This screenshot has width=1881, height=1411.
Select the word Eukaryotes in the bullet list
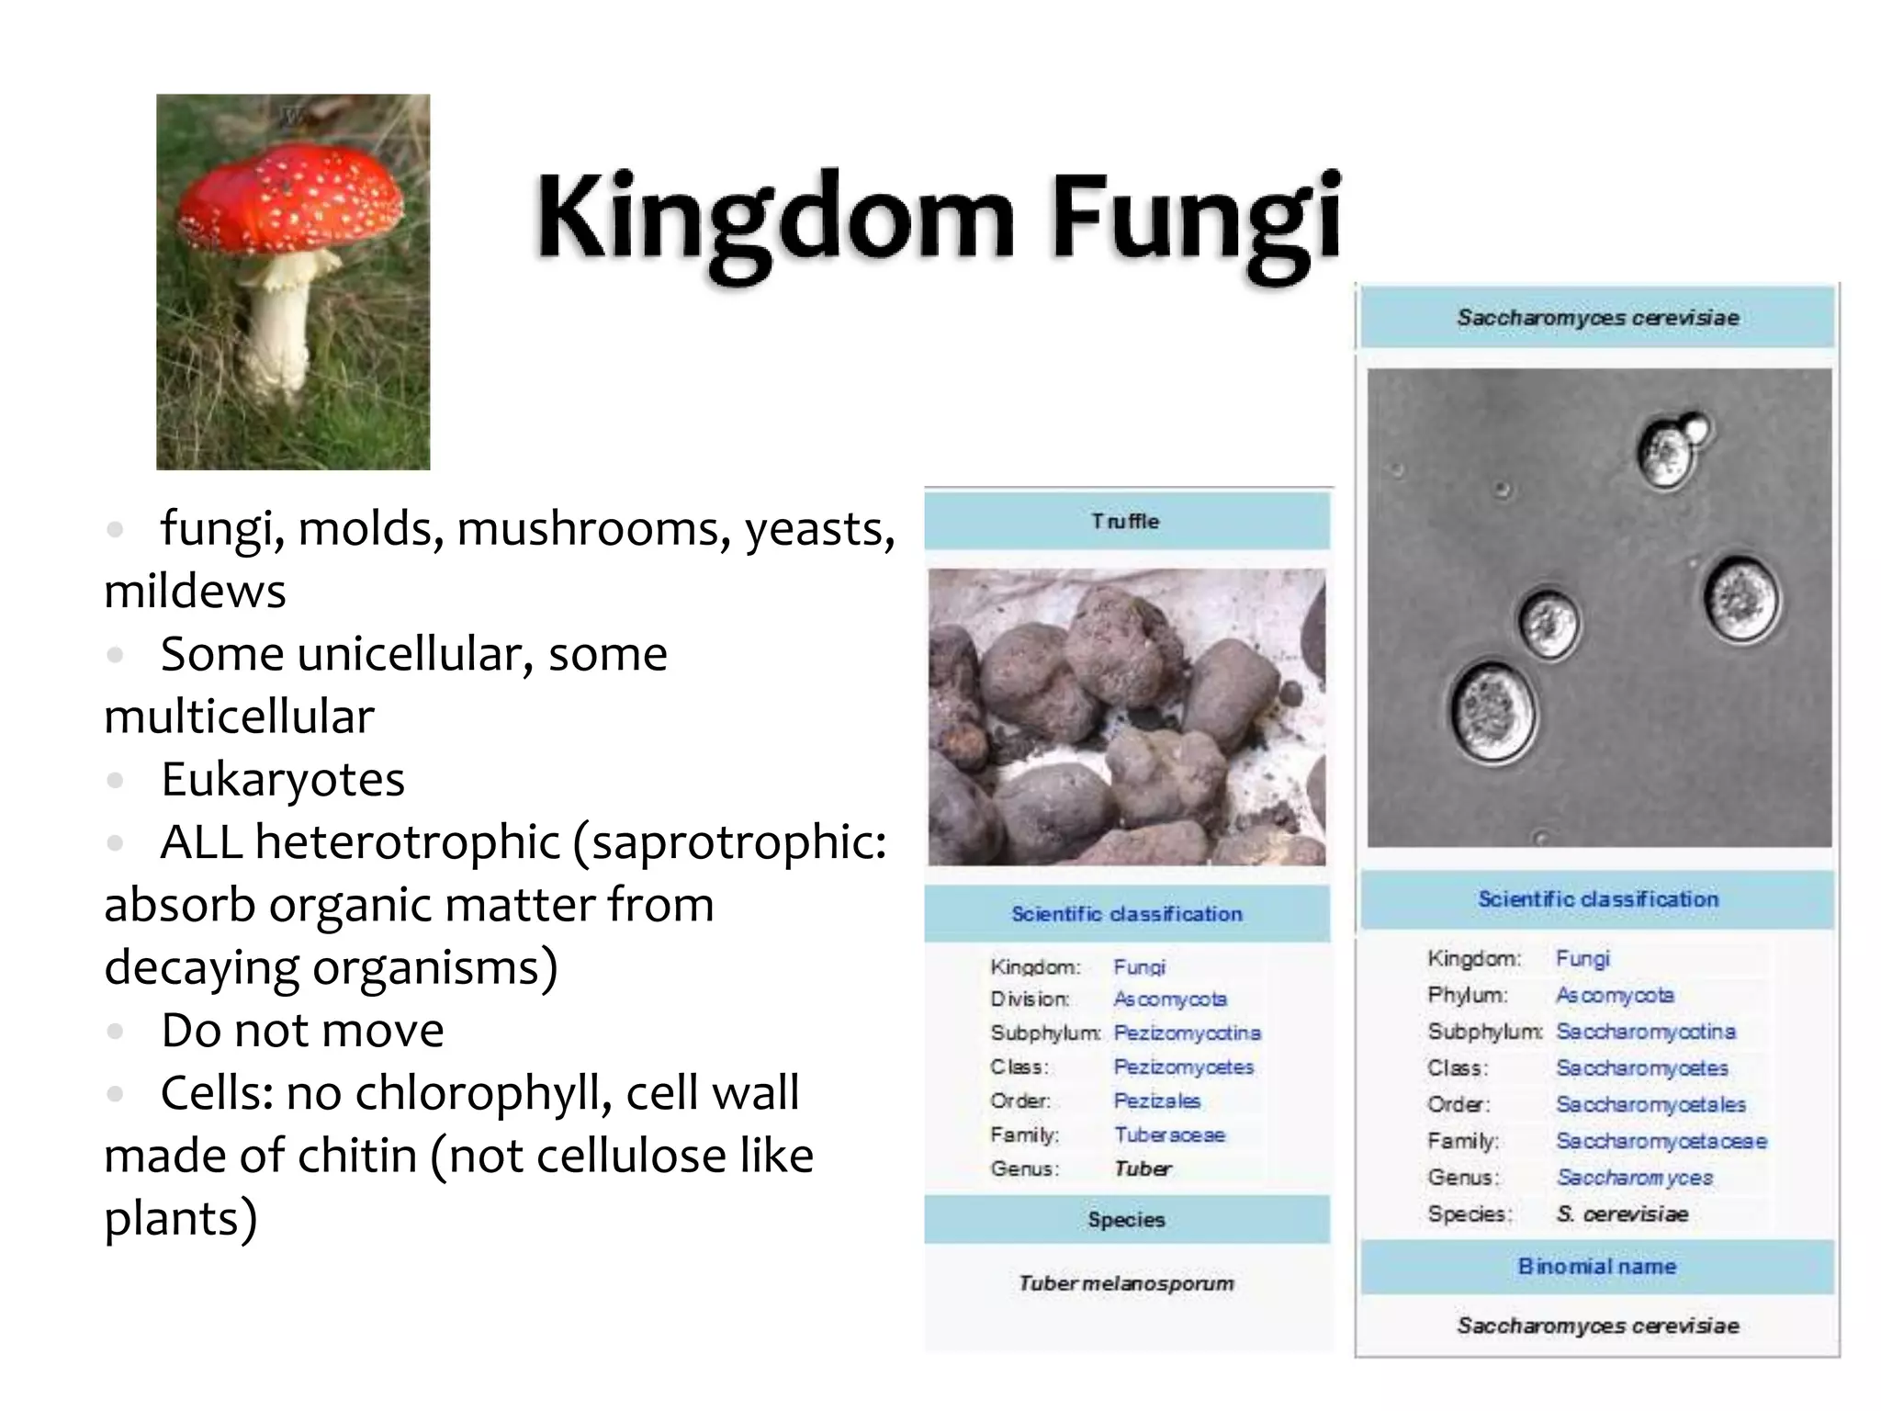click(283, 780)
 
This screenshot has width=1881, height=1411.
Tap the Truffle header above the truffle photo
click(1126, 521)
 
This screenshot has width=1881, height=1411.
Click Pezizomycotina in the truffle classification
click(1187, 1033)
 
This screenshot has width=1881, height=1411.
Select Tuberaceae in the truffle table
click(1169, 1134)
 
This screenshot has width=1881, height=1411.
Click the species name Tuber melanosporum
click(1126, 1282)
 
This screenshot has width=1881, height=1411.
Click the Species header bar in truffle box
click(1126, 1219)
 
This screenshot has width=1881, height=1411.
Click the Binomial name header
click(1597, 1266)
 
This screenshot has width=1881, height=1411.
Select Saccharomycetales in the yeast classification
click(1650, 1104)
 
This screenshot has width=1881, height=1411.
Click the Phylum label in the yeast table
click(1467, 995)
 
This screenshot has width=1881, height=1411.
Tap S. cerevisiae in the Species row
click(1622, 1213)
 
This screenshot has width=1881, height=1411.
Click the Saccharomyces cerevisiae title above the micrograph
click(1597, 318)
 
